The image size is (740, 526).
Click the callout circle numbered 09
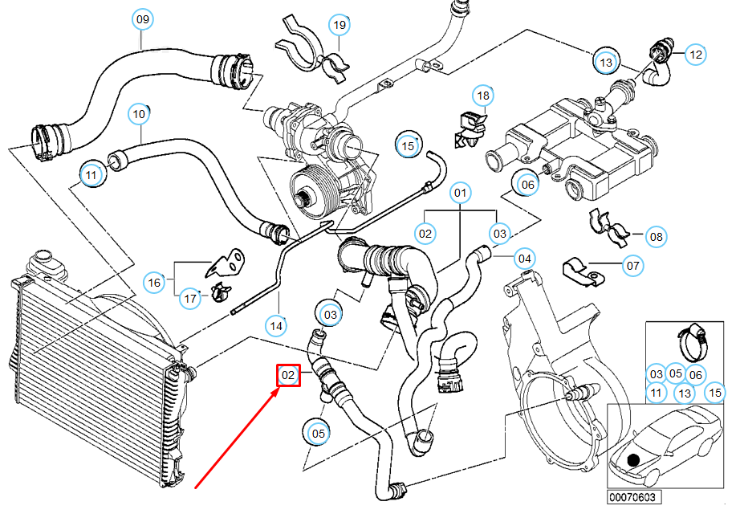(142, 17)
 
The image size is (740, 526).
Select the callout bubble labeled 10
(139, 114)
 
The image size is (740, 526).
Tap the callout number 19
(340, 26)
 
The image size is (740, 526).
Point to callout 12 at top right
(695, 55)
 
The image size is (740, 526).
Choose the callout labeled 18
(482, 96)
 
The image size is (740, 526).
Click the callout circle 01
(461, 193)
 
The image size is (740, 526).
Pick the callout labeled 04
(524, 259)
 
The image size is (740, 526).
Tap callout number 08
(657, 237)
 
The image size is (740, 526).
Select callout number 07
(632, 265)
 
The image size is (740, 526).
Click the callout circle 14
(277, 326)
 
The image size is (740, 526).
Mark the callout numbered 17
(190, 299)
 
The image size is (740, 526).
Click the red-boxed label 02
(288, 375)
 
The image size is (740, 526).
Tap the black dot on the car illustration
(634, 460)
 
